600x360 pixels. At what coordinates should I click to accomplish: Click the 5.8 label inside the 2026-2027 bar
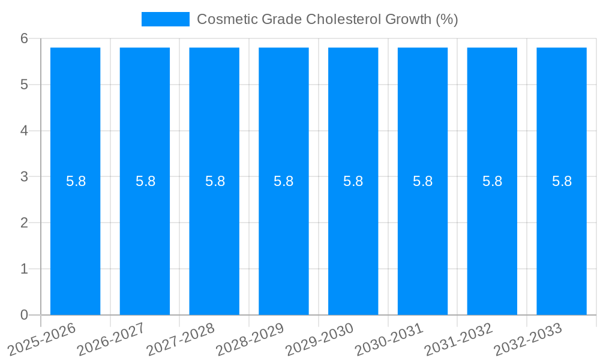pyautogui.click(x=145, y=181)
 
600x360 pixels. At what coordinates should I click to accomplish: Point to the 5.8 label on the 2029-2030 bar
pyautogui.click(x=353, y=181)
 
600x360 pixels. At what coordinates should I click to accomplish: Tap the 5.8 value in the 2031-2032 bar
pyautogui.click(x=492, y=181)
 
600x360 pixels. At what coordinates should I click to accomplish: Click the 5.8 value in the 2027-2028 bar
pyautogui.click(x=215, y=181)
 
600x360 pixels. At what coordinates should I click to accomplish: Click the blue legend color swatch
pyautogui.click(x=166, y=19)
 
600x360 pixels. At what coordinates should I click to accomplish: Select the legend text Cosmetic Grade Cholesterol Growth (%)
pyautogui.click(x=328, y=19)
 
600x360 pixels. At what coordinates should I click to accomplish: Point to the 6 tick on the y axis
pyautogui.click(x=24, y=38)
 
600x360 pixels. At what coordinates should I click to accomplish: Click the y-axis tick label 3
pyautogui.click(x=24, y=176)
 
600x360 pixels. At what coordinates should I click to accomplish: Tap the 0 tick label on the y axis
pyautogui.click(x=24, y=315)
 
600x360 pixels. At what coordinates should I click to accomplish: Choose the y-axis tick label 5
pyautogui.click(x=24, y=85)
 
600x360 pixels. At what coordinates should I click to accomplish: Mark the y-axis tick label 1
pyautogui.click(x=24, y=269)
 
